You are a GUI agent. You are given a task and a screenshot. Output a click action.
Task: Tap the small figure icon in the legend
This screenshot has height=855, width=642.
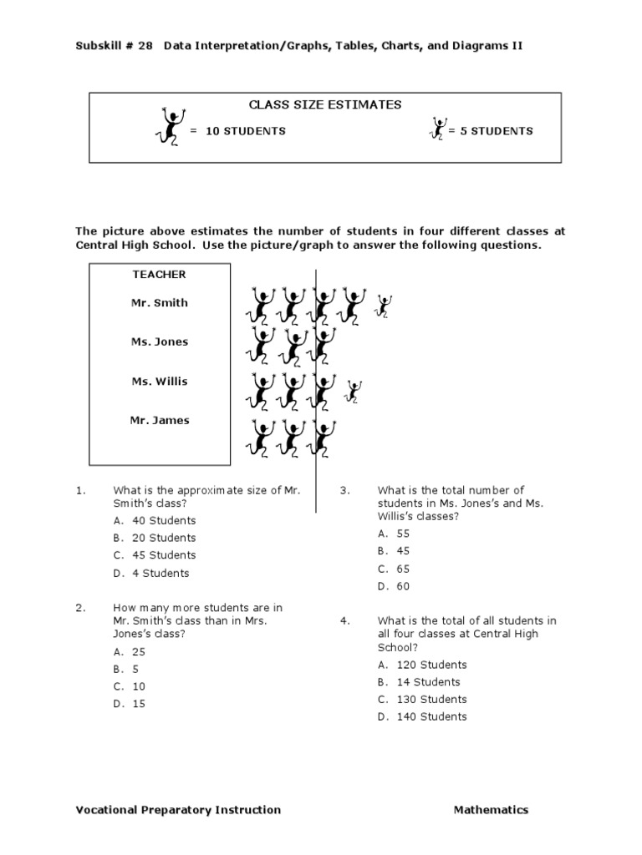(437, 129)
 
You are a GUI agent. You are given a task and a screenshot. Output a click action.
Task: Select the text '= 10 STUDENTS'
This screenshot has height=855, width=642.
(237, 131)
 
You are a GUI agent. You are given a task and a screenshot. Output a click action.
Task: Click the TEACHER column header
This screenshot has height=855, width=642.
(159, 275)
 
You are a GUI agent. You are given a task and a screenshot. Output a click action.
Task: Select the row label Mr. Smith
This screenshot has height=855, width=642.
(159, 303)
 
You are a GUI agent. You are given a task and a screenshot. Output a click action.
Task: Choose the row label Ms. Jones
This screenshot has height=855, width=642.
(159, 342)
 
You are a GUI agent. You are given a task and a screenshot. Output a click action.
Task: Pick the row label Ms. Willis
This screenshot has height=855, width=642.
(159, 382)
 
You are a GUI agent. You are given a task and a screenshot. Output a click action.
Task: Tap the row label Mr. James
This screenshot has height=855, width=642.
(159, 421)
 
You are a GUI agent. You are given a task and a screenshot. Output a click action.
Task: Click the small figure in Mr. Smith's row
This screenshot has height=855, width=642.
(384, 306)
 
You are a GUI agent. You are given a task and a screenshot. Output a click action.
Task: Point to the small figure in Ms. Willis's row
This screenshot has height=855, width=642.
(354, 391)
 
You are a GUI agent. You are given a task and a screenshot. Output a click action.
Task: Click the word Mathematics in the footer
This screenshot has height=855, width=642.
(491, 810)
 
